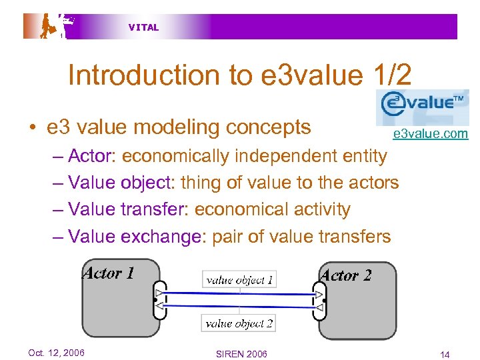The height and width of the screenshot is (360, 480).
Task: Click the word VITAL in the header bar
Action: [143, 27]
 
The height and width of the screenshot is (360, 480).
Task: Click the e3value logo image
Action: [421, 107]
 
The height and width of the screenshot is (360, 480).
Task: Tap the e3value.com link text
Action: [430, 134]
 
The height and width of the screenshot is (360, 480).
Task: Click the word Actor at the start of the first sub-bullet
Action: [93, 156]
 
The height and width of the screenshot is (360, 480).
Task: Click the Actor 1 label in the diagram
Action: [108, 273]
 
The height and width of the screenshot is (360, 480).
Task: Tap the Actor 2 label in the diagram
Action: [346, 275]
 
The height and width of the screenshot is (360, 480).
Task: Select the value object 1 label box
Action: [239, 280]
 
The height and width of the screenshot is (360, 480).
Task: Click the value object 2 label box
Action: [239, 324]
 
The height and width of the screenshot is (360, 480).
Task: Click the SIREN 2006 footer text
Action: [241, 353]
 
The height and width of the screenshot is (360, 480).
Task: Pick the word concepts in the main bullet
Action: [272, 127]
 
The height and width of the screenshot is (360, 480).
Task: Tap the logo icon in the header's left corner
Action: [50, 26]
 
